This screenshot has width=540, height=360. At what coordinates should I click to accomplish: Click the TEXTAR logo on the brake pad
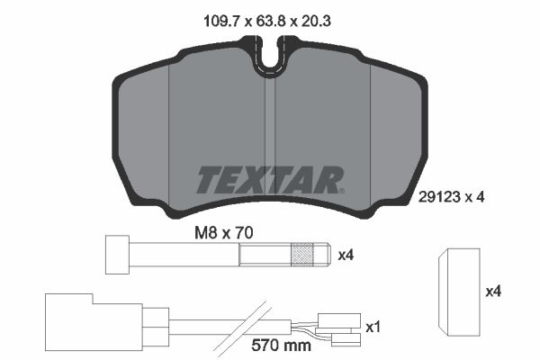[x=270, y=180]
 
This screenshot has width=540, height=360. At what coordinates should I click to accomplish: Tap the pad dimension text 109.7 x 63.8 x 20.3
[x=267, y=21]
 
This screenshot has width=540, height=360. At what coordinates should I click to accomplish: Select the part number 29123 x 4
[x=451, y=197]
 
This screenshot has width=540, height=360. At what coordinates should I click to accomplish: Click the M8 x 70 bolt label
[x=224, y=232]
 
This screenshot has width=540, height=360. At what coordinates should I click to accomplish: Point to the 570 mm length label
[x=281, y=345]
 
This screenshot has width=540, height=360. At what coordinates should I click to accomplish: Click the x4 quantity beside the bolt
[x=346, y=256]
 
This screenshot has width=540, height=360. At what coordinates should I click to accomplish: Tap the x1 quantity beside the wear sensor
[x=373, y=327]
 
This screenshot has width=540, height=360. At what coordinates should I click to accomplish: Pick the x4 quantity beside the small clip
[x=493, y=292]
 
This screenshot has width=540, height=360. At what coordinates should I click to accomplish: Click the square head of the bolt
[x=117, y=255]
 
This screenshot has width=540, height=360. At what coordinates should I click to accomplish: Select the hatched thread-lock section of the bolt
[x=302, y=255]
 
